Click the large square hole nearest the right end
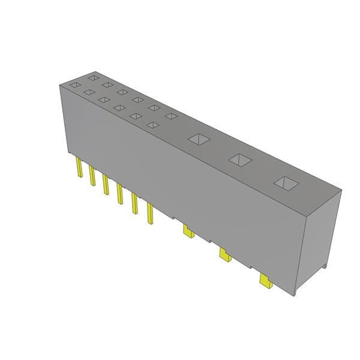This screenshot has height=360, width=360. click(285, 182)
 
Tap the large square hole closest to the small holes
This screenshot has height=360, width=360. click(197, 139)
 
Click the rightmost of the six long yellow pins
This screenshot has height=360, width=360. click(150, 214)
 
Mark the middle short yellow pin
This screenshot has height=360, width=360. click(224, 256)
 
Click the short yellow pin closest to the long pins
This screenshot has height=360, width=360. click(188, 231)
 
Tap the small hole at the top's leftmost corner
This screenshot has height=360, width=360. click(74, 86)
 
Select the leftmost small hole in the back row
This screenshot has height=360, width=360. click(93, 77)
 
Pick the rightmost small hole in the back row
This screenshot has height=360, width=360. click(171, 116)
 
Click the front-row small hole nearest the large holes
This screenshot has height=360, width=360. click(153, 125)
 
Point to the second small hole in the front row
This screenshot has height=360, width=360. click(89, 92)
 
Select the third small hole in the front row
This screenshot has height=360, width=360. click(104, 100)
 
